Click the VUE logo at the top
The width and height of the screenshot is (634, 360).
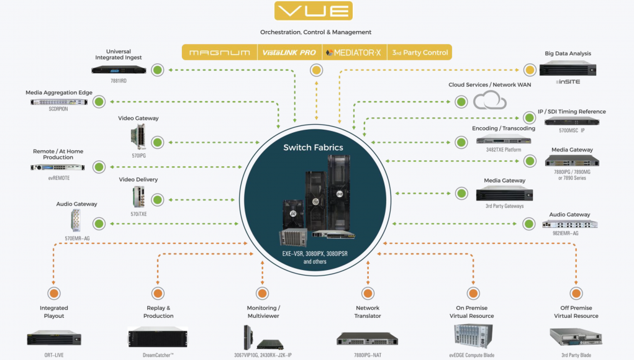(314, 11)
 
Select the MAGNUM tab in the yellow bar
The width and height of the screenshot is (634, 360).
(220, 53)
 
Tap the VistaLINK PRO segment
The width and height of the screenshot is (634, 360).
(289, 53)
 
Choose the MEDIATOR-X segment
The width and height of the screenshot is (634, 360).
(354, 53)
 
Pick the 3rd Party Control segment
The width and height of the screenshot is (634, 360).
(420, 53)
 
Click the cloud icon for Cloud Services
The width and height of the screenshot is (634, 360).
(490, 100)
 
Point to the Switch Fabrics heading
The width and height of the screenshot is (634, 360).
(314, 148)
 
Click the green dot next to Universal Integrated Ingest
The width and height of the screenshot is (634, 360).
(158, 70)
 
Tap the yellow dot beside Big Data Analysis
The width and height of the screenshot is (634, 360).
(530, 70)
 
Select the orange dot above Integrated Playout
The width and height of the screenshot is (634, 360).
(54, 294)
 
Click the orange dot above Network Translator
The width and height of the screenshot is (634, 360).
(368, 294)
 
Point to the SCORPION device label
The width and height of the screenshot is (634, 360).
(58, 109)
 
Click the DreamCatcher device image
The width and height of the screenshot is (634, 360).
(158, 337)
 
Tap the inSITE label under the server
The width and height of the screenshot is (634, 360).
(568, 81)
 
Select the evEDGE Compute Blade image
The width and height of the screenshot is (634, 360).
(473, 336)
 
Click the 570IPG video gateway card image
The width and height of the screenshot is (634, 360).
(138, 137)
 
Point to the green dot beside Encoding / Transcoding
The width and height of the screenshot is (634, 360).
(461, 142)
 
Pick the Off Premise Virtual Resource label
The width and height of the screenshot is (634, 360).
(576, 312)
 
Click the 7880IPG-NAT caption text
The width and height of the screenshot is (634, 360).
(368, 355)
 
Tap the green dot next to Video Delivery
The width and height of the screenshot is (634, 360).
(158, 200)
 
